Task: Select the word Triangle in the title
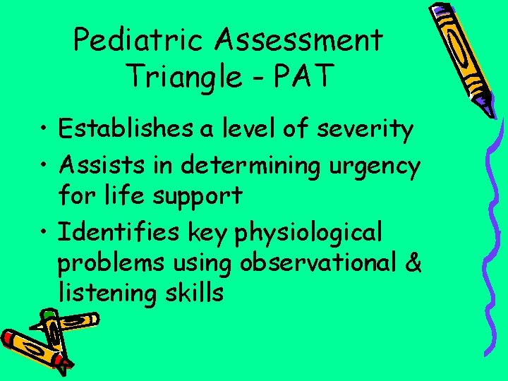tap(185, 75)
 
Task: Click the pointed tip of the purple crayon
tap(486, 111)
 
